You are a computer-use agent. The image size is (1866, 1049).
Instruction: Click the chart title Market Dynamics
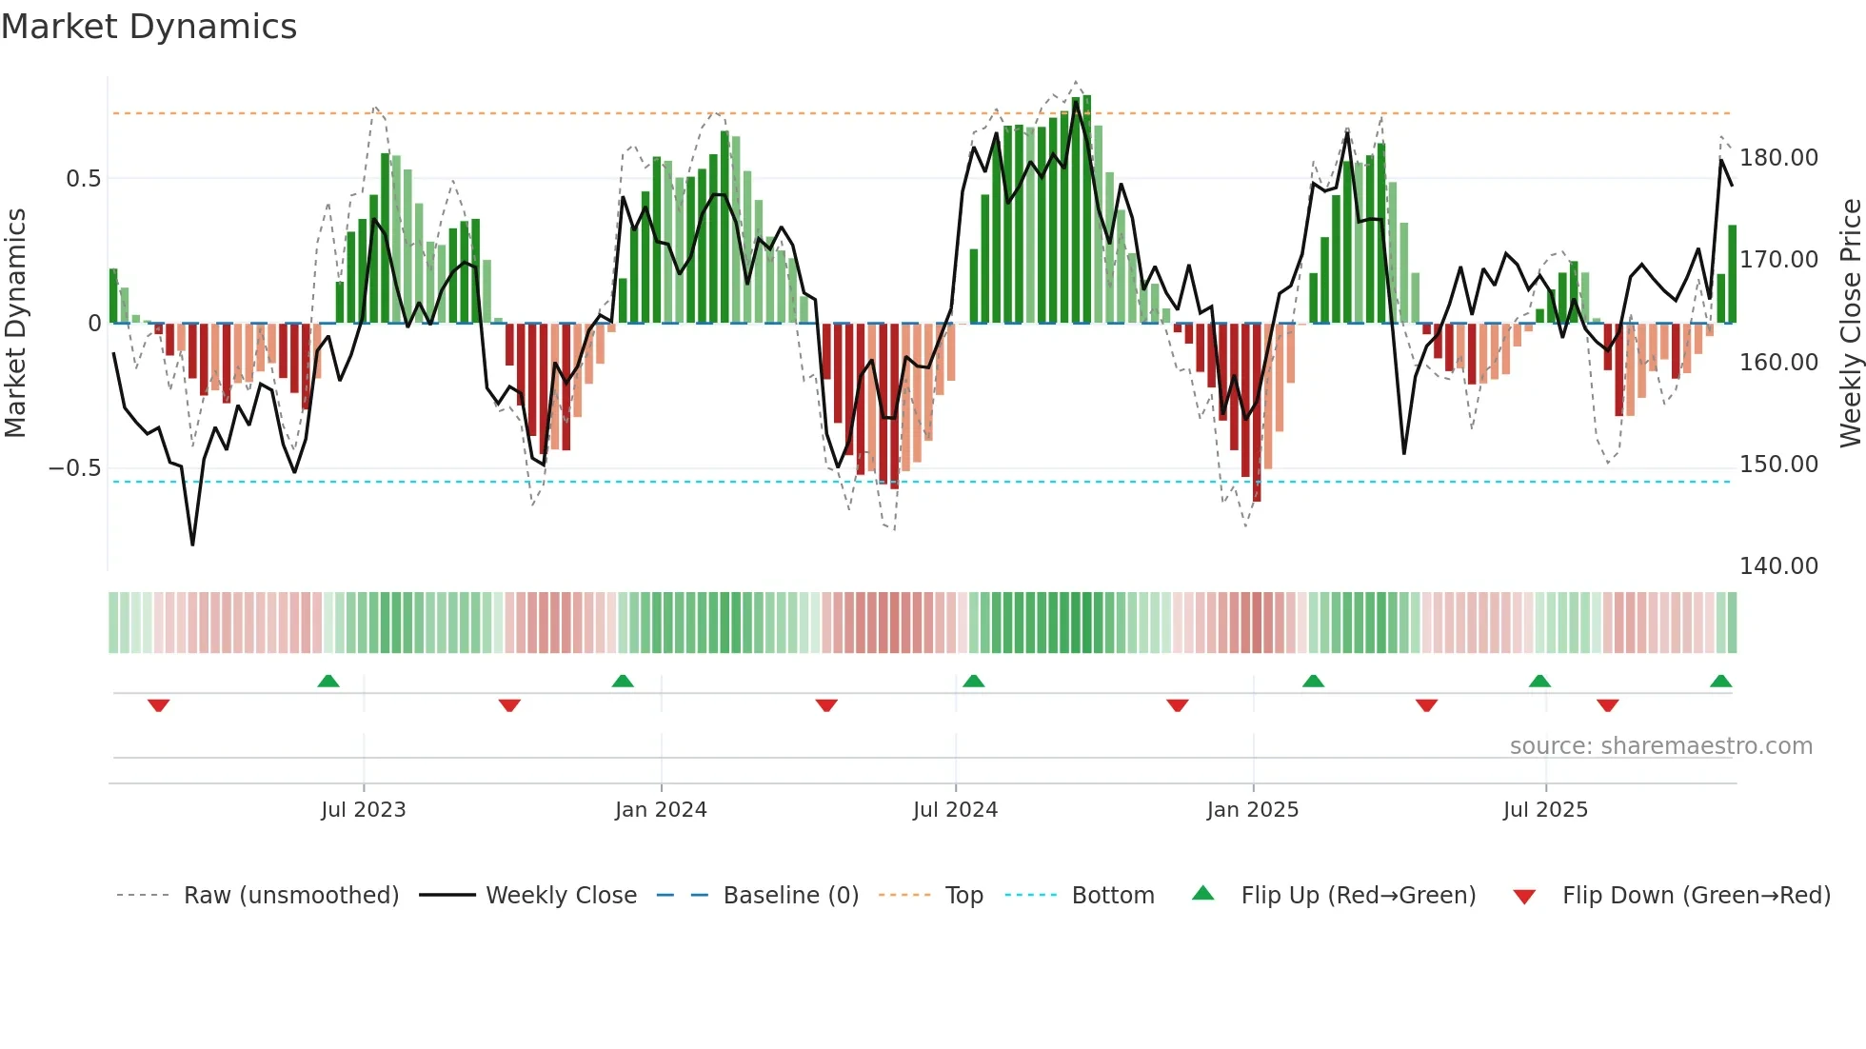(149, 27)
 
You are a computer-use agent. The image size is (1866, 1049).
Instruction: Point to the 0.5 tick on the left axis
(83, 179)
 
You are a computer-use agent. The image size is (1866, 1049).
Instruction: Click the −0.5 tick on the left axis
(74, 468)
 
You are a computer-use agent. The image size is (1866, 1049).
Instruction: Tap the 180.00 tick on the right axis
(1778, 158)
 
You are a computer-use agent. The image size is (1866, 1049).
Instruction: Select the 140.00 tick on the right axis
(1778, 566)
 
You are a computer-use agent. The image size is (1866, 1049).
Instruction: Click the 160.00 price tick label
(1778, 363)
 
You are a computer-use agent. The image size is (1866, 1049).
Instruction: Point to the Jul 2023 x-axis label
(363, 810)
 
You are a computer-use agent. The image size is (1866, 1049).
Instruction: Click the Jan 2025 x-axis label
(1252, 810)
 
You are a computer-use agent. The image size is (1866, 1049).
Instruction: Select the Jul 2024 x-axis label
(955, 810)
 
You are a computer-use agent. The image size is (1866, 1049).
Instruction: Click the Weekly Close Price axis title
(1850, 324)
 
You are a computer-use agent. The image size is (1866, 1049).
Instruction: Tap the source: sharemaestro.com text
(1660, 746)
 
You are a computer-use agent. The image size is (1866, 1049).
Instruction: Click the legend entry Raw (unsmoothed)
(290, 896)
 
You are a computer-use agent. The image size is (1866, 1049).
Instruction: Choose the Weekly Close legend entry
(561, 896)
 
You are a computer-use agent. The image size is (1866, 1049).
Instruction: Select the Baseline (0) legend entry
(790, 896)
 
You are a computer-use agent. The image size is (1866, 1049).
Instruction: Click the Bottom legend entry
(1112, 896)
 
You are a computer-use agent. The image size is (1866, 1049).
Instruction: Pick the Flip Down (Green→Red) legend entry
(1696, 896)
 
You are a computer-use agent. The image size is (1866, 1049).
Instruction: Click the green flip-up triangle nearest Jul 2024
(973, 681)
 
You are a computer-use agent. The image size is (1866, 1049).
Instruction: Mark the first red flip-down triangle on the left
(159, 705)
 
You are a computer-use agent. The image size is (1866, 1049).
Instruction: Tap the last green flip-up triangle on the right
(1720, 681)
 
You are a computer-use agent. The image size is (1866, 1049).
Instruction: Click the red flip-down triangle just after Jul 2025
(1608, 705)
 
